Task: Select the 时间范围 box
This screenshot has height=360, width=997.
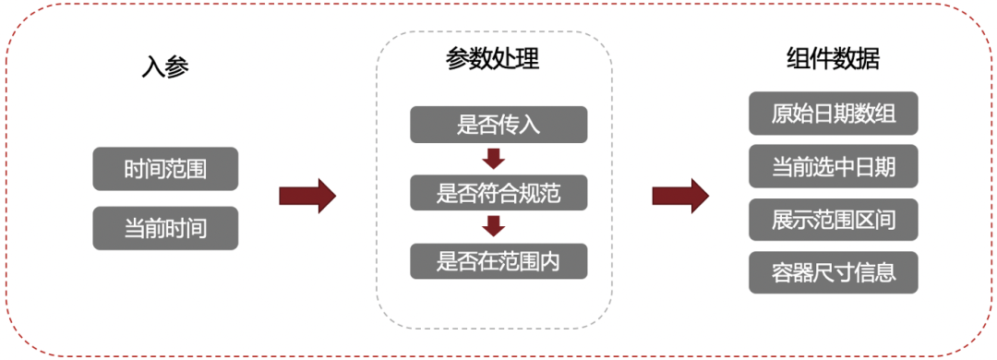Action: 165,169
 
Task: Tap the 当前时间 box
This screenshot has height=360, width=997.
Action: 165,228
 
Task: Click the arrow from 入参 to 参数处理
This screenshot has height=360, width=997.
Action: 306,196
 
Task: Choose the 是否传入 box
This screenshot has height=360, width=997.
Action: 498,125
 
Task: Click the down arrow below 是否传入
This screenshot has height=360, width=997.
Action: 494,158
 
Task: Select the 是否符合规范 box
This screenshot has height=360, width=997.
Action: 498,193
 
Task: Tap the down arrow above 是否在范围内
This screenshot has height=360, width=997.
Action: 494,226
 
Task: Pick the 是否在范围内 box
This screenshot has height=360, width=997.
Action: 498,261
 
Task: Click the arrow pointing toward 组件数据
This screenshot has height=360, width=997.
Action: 679,196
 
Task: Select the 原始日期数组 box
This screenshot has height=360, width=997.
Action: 833,114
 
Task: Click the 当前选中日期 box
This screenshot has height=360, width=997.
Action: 833,167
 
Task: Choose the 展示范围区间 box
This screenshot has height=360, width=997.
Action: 833,220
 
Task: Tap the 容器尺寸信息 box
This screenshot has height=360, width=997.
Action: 833,273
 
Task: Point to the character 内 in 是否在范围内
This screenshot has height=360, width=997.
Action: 550,261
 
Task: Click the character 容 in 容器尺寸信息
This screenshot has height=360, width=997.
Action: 783,273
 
